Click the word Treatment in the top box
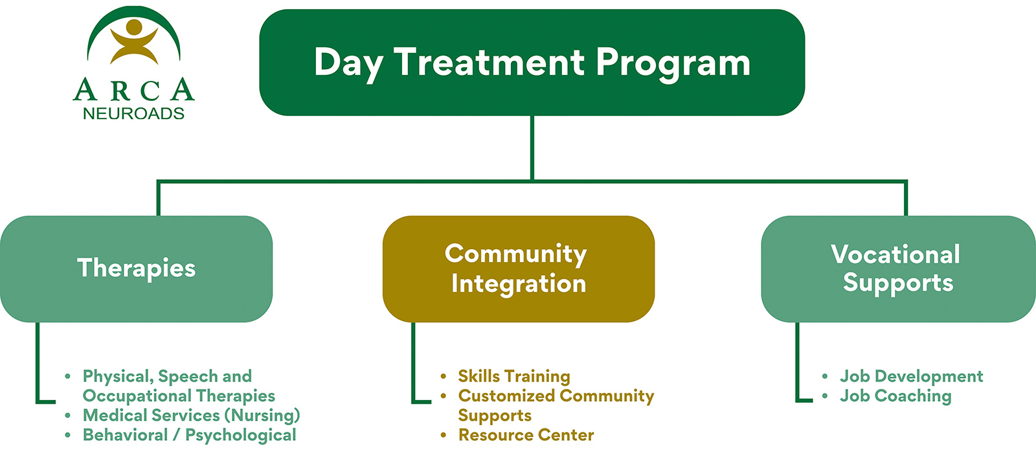[x=490, y=63]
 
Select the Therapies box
[x=136, y=268]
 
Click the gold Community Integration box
[x=518, y=268]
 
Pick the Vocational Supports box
[x=897, y=268]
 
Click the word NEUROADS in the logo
[x=134, y=114]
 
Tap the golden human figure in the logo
[x=134, y=41]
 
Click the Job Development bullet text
[x=911, y=376]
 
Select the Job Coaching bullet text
[x=895, y=396]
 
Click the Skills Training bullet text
[x=514, y=376]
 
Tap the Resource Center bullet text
[x=526, y=435]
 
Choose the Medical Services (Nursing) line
[x=191, y=415]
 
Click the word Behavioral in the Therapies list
[x=125, y=435]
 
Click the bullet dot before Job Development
[x=825, y=376]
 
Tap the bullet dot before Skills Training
[x=444, y=376]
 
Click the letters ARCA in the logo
[x=134, y=90]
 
